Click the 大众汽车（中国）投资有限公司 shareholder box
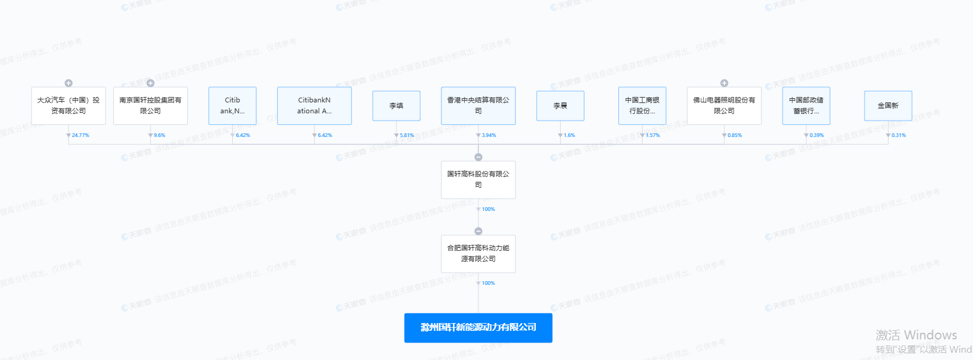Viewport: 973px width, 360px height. point(68,105)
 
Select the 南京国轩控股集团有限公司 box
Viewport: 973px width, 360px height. point(150,105)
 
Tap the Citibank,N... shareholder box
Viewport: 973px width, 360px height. point(232,105)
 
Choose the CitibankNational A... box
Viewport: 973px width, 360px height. point(314,105)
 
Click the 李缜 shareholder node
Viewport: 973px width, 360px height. point(396,105)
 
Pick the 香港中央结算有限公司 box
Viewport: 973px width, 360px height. point(478,105)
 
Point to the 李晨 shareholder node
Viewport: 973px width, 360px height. point(560,105)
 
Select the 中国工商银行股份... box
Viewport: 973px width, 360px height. point(642,105)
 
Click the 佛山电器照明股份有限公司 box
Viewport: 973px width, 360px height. point(724,105)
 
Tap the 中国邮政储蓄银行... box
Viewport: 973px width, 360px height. point(806,105)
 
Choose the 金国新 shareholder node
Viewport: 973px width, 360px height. point(888,105)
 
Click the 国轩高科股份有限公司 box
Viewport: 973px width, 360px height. point(478,179)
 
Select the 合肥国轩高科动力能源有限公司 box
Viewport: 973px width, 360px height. point(478,253)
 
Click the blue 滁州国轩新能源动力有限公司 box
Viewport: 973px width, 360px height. point(478,327)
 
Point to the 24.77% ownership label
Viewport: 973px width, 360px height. point(81,135)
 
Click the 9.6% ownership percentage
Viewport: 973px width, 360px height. point(159,135)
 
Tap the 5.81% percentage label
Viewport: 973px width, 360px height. point(407,135)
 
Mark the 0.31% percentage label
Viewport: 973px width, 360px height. point(898,135)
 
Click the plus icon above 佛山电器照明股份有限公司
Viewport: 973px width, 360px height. point(724,83)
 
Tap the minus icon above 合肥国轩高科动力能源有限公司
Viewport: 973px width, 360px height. point(478,231)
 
